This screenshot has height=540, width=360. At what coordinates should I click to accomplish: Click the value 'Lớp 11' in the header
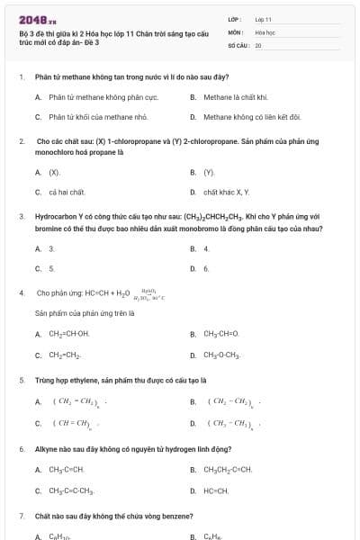pos(263,19)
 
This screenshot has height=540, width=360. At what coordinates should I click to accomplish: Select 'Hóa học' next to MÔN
pos(265,31)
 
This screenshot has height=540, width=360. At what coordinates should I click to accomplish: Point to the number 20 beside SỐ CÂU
pos(258,44)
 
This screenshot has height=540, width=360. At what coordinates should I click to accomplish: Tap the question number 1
pos(21,76)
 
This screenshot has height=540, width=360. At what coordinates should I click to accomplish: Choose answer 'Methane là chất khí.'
pos(229,96)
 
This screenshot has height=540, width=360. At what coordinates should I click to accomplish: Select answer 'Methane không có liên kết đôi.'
pos(251,117)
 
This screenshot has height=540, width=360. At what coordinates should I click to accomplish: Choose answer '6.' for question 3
pos(206,268)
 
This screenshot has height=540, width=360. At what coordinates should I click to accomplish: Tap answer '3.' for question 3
pos(51,248)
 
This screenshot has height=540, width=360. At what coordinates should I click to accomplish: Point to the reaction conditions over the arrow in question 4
pos(150,292)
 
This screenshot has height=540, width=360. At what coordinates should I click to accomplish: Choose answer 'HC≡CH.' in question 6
pos(216,490)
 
